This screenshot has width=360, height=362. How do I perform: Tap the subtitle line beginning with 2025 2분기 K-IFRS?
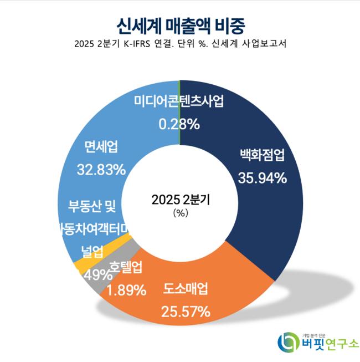pos(181,44)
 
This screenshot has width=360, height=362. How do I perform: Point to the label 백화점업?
pos(262,155)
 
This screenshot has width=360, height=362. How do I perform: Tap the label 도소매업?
pos(186,289)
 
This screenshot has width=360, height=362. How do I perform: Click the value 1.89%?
pos(127,289)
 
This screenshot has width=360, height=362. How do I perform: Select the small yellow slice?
pos(84,265)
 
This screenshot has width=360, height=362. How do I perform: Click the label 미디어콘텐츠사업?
pos(179,101)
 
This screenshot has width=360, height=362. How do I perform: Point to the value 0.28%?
pos(179,124)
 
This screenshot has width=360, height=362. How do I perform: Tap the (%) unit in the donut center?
pos(181,212)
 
